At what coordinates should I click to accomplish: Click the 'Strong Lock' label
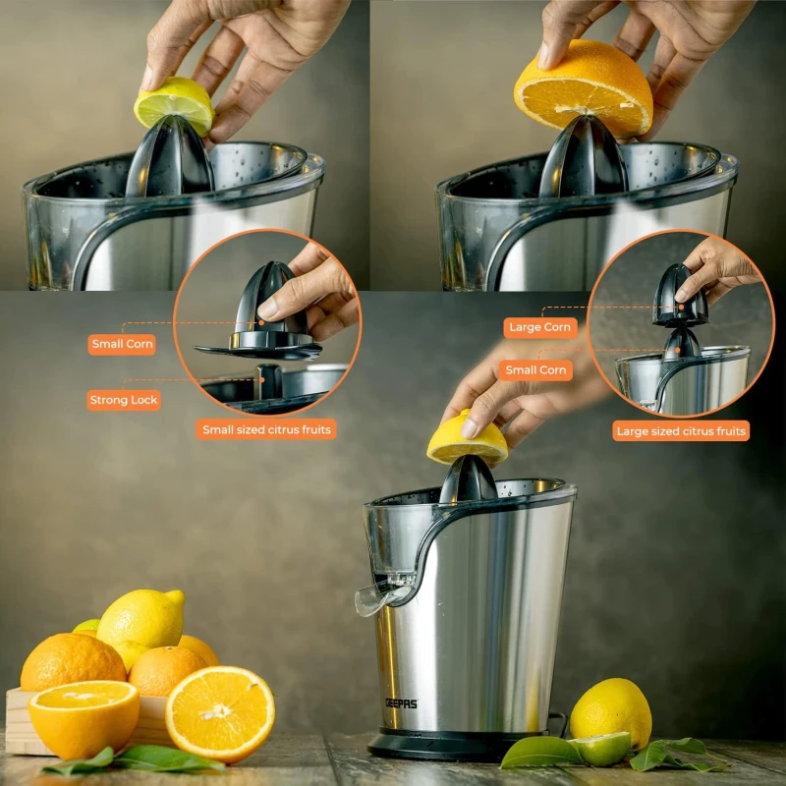tap(124, 400)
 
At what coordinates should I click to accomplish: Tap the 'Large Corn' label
tap(539, 327)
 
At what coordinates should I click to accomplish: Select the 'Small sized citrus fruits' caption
tap(266, 429)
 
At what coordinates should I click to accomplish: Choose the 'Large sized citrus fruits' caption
tap(681, 431)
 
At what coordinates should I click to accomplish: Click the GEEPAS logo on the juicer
tap(401, 703)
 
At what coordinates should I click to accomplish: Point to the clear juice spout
tap(378, 597)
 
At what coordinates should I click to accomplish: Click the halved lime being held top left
tap(174, 105)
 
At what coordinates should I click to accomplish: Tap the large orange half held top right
tap(584, 90)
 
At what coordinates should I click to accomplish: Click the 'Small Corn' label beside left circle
tap(122, 345)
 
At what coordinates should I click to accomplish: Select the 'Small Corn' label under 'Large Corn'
tap(535, 370)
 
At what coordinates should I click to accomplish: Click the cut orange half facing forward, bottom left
tap(220, 713)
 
